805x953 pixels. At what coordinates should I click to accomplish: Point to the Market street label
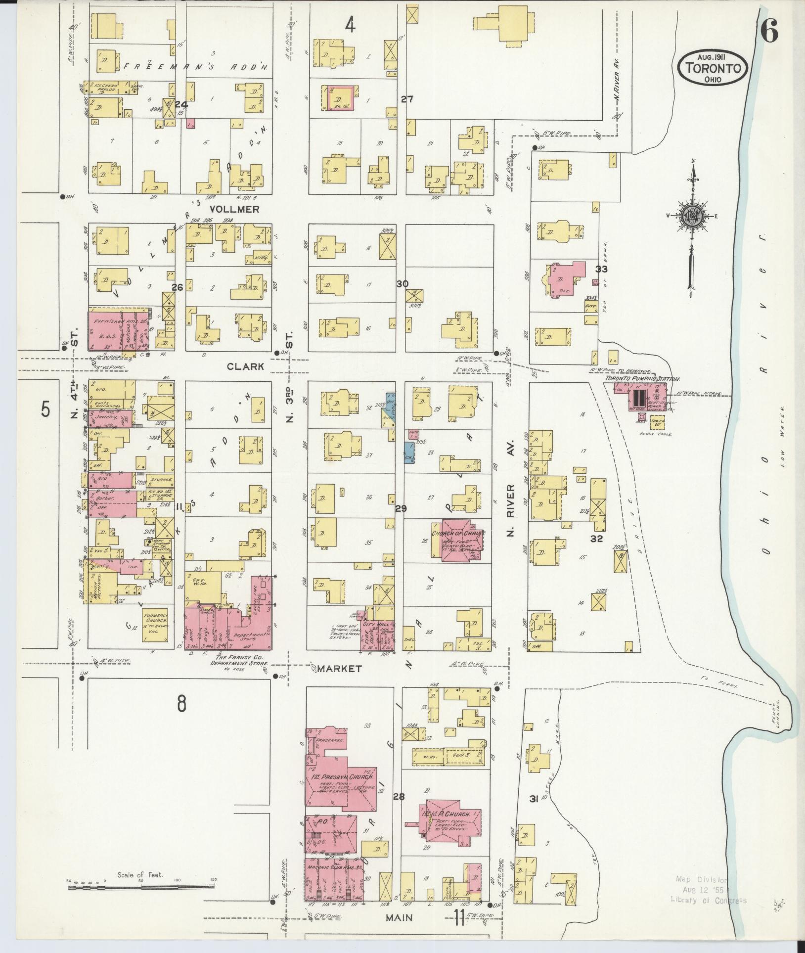339,668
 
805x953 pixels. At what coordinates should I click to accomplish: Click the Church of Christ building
458,540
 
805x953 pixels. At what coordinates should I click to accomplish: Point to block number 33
601,270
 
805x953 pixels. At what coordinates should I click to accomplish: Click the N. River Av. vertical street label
510,509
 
